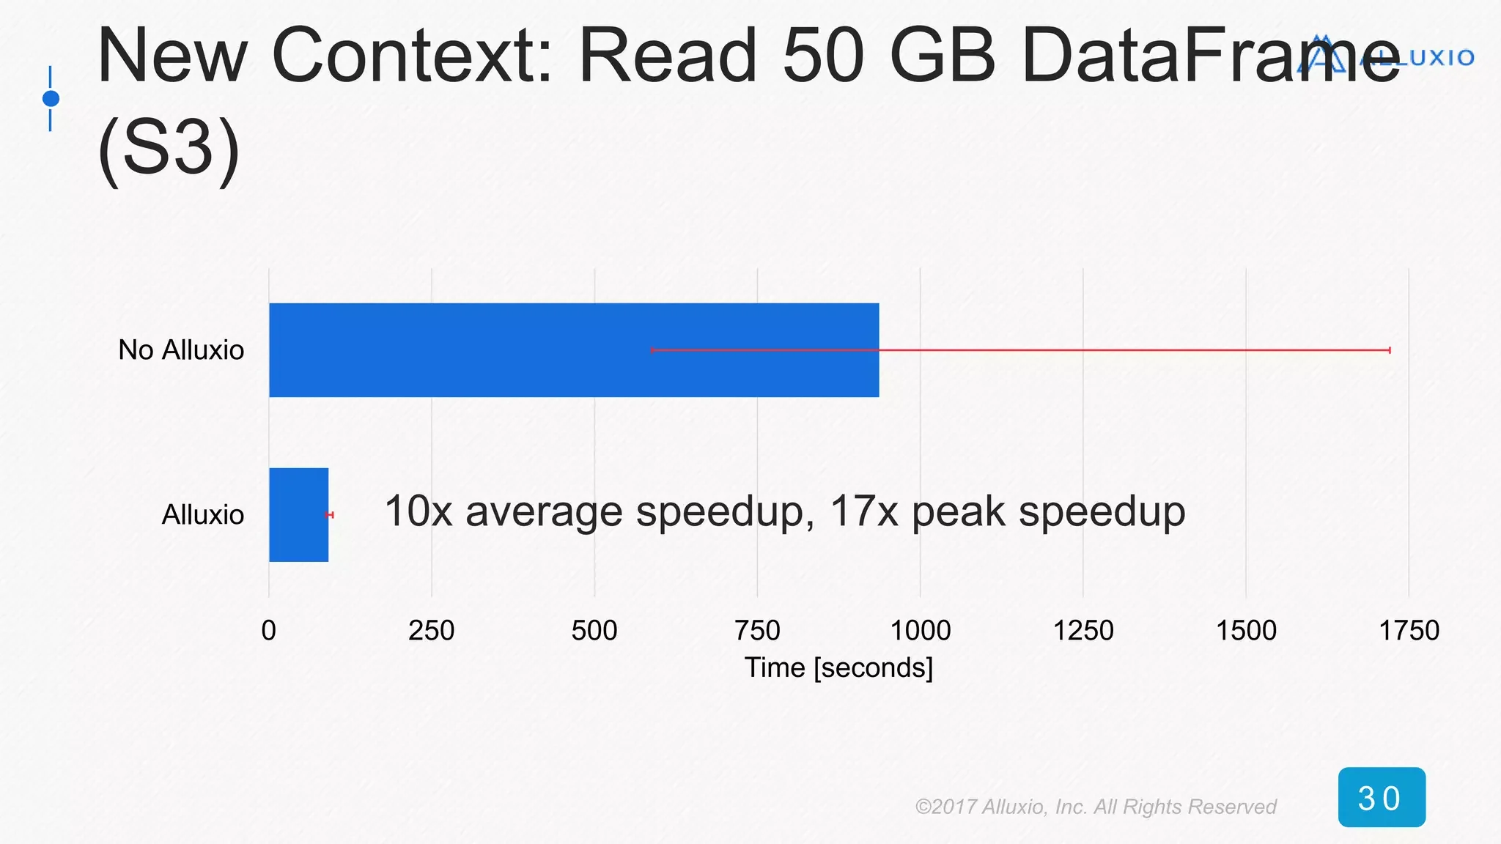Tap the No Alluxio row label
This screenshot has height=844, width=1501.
tap(181, 350)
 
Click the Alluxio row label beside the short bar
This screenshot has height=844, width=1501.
tap(202, 515)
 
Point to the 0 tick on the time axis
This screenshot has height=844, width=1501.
tap(268, 630)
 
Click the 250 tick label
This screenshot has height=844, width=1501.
tap(431, 630)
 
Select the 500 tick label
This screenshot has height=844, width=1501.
tap(594, 630)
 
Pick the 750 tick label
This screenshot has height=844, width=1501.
tap(757, 630)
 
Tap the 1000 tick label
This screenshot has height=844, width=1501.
tap(920, 630)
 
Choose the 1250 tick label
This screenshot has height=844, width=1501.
tap(1083, 630)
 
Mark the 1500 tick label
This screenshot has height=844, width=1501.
tap(1246, 630)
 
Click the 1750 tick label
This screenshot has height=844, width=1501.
tap(1409, 630)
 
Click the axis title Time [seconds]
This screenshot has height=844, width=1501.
tap(838, 667)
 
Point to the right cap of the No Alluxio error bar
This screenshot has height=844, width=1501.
tap(1390, 350)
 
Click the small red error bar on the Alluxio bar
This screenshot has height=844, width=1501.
tap(330, 515)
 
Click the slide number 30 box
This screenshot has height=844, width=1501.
tap(1382, 797)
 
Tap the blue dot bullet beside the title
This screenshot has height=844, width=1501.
tap(51, 98)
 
